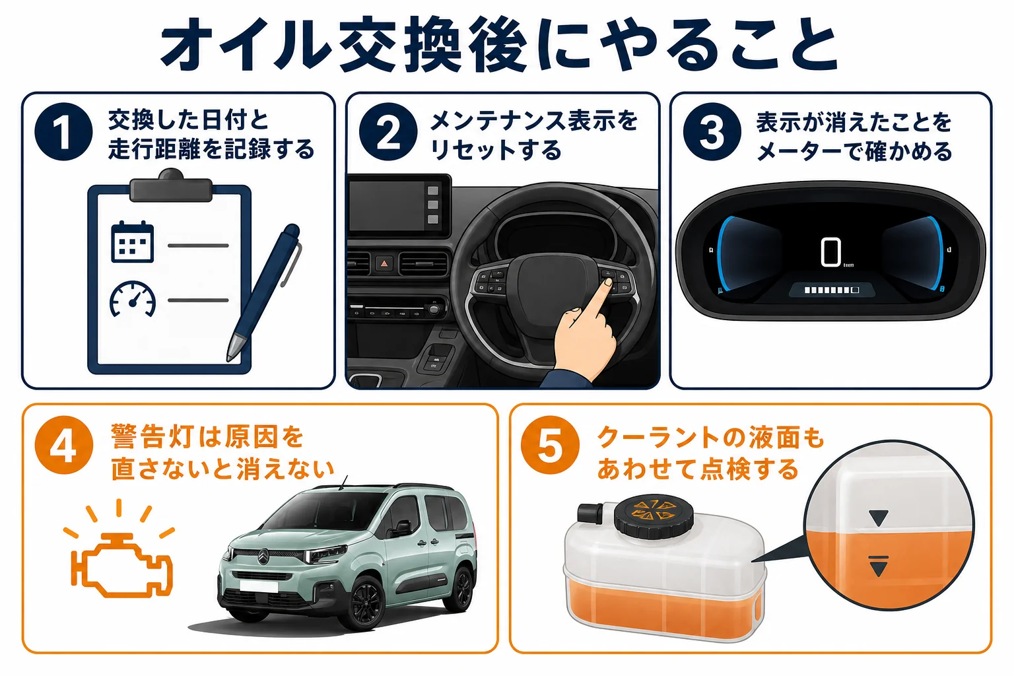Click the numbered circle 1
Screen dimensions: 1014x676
63,132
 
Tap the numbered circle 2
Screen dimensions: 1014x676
388,132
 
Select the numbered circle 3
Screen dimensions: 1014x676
712,132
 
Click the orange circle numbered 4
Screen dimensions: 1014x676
64,445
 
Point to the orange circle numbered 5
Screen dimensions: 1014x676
550,445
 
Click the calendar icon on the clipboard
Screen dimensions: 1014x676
132,242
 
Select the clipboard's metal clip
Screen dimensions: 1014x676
171,186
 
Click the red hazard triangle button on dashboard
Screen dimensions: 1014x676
384,263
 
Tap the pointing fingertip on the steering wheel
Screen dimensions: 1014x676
608,283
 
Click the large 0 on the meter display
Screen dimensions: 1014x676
830,252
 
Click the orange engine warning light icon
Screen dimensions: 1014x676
121,564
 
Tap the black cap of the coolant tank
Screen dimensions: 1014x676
654,516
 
